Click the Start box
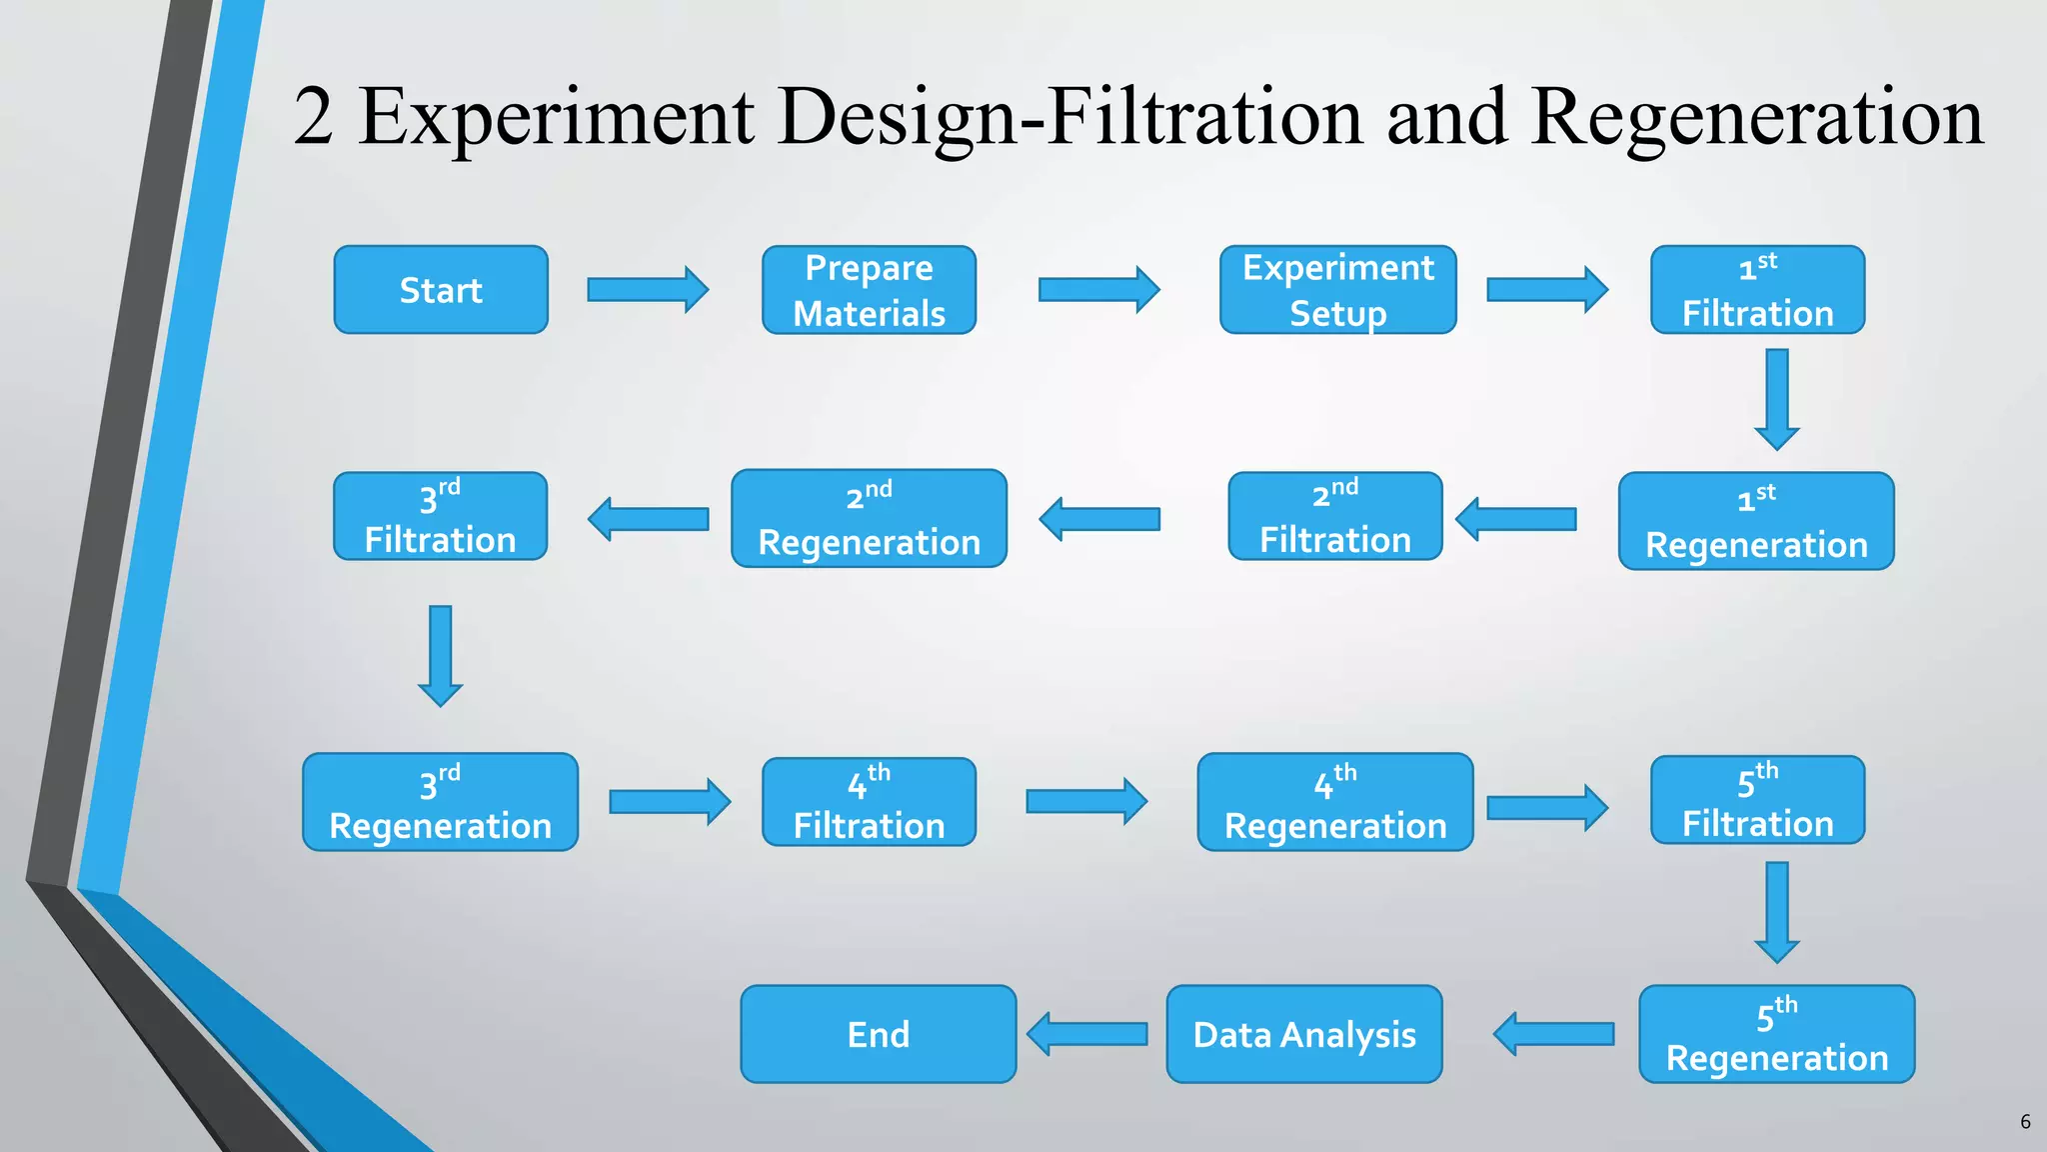point(441,290)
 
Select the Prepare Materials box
point(869,290)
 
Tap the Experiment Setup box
point(1337,290)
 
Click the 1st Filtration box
point(1757,290)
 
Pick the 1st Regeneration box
point(1756,521)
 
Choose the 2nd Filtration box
point(1334,516)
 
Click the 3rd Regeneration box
point(440,802)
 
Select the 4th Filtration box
point(869,802)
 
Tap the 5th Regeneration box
point(1776,1034)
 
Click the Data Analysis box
point(1303,1034)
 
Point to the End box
point(878,1034)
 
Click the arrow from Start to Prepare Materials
point(648,290)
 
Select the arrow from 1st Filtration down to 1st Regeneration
point(1777,399)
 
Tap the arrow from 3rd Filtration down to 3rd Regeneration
point(440,655)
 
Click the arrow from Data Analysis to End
point(1087,1034)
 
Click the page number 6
point(2025,1122)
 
